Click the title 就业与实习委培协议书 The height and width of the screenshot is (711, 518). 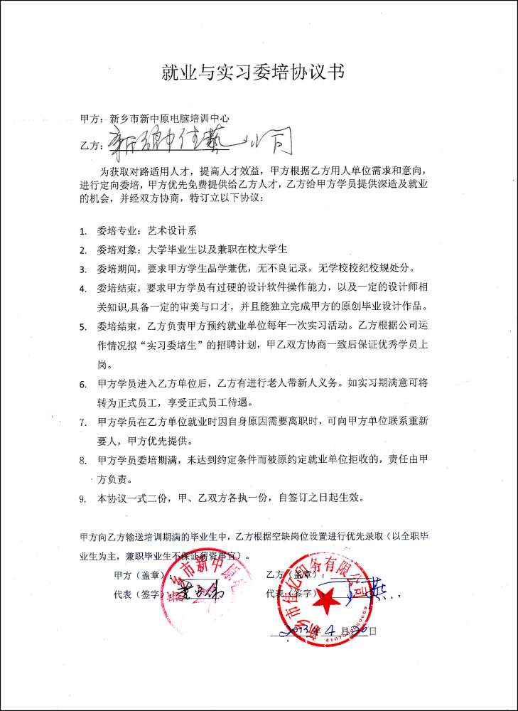pyautogui.click(x=259, y=73)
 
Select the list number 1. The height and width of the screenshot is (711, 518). pyautogui.click(x=83, y=231)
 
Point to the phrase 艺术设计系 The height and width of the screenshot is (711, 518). pyautogui.click(x=176, y=231)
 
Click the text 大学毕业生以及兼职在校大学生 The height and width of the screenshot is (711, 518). pyautogui.click(x=217, y=250)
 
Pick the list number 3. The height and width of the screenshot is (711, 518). pyautogui.click(x=83, y=269)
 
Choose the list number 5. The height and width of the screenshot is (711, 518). pyautogui.click(x=83, y=328)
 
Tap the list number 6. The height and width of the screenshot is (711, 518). pyautogui.click(x=83, y=385)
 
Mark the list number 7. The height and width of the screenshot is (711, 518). pyautogui.click(x=83, y=422)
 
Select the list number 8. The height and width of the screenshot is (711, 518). pyautogui.click(x=83, y=460)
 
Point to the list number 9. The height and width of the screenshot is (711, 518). pyautogui.click(x=83, y=498)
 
